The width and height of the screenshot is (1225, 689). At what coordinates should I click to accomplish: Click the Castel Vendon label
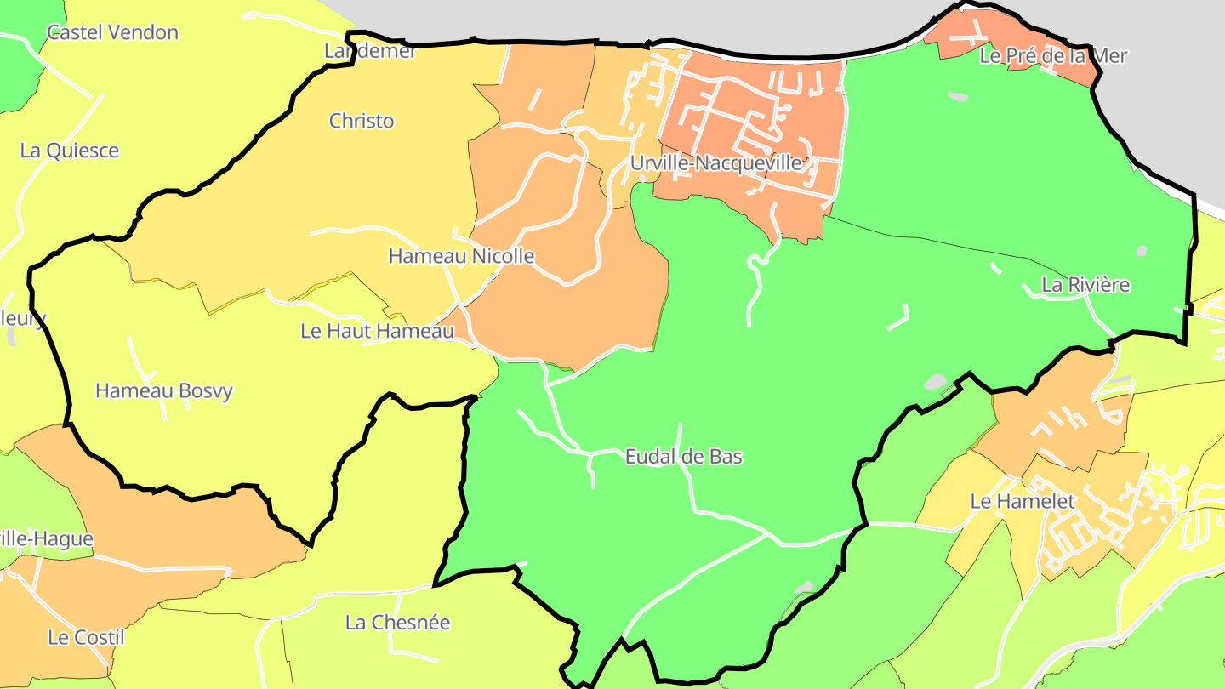click(112, 33)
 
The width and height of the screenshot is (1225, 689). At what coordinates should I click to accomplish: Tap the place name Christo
click(362, 121)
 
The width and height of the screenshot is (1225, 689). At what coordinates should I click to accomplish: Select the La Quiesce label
click(70, 151)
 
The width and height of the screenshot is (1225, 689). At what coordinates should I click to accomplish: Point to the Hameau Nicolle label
click(461, 256)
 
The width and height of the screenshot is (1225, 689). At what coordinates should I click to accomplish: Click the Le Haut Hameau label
click(377, 331)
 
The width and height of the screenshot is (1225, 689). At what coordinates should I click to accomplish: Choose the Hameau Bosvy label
click(164, 391)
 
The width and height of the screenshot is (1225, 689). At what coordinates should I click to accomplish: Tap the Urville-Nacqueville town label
click(716, 162)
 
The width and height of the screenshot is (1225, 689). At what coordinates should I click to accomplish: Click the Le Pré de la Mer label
click(1053, 56)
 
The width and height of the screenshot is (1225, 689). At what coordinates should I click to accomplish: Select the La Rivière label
click(1085, 285)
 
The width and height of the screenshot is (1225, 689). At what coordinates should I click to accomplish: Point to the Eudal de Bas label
click(683, 457)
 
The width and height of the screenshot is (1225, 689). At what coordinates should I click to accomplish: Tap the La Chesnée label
click(397, 623)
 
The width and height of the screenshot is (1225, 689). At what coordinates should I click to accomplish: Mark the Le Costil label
click(86, 637)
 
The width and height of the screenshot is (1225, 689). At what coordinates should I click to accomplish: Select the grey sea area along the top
click(595, 17)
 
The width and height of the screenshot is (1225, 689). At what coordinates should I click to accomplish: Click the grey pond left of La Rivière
click(936, 382)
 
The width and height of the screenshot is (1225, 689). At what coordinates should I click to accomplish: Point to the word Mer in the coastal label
click(1110, 56)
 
